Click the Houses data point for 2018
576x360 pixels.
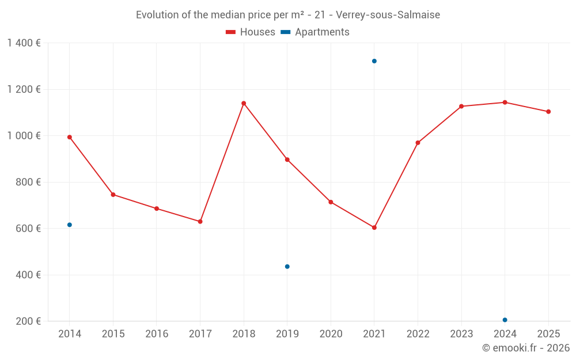pyautogui.click(x=244, y=104)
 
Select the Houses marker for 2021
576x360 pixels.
pyautogui.click(x=374, y=228)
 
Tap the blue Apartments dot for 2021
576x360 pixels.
pyautogui.click(x=374, y=61)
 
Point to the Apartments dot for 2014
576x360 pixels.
pyautogui.click(x=70, y=225)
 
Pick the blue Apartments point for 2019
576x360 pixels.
pyautogui.click(x=287, y=267)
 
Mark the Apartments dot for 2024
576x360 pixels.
pyautogui.click(x=505, y=320)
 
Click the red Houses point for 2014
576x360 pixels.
pyautogui.click(x=70, y=137)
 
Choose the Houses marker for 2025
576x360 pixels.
pyautogui.click(x=548, y=112)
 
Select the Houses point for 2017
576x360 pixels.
pyautogui.click(x=200, y=221)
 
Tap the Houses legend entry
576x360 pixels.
pyautogui.click(x=251, y=32)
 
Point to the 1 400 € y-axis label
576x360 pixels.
pyautogui.click(x=24, y=43)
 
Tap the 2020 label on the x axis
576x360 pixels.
pyautogui.click(x=331, y=334)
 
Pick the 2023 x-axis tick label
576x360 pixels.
pyautogui.click(x=461, y=334)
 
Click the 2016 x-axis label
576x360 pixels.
pyautogui.click(x=157, y=334)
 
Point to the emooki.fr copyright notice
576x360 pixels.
pyautogui.click(x=526, y=348)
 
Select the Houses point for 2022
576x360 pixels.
pyautogui.click(x=418, y=143)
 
